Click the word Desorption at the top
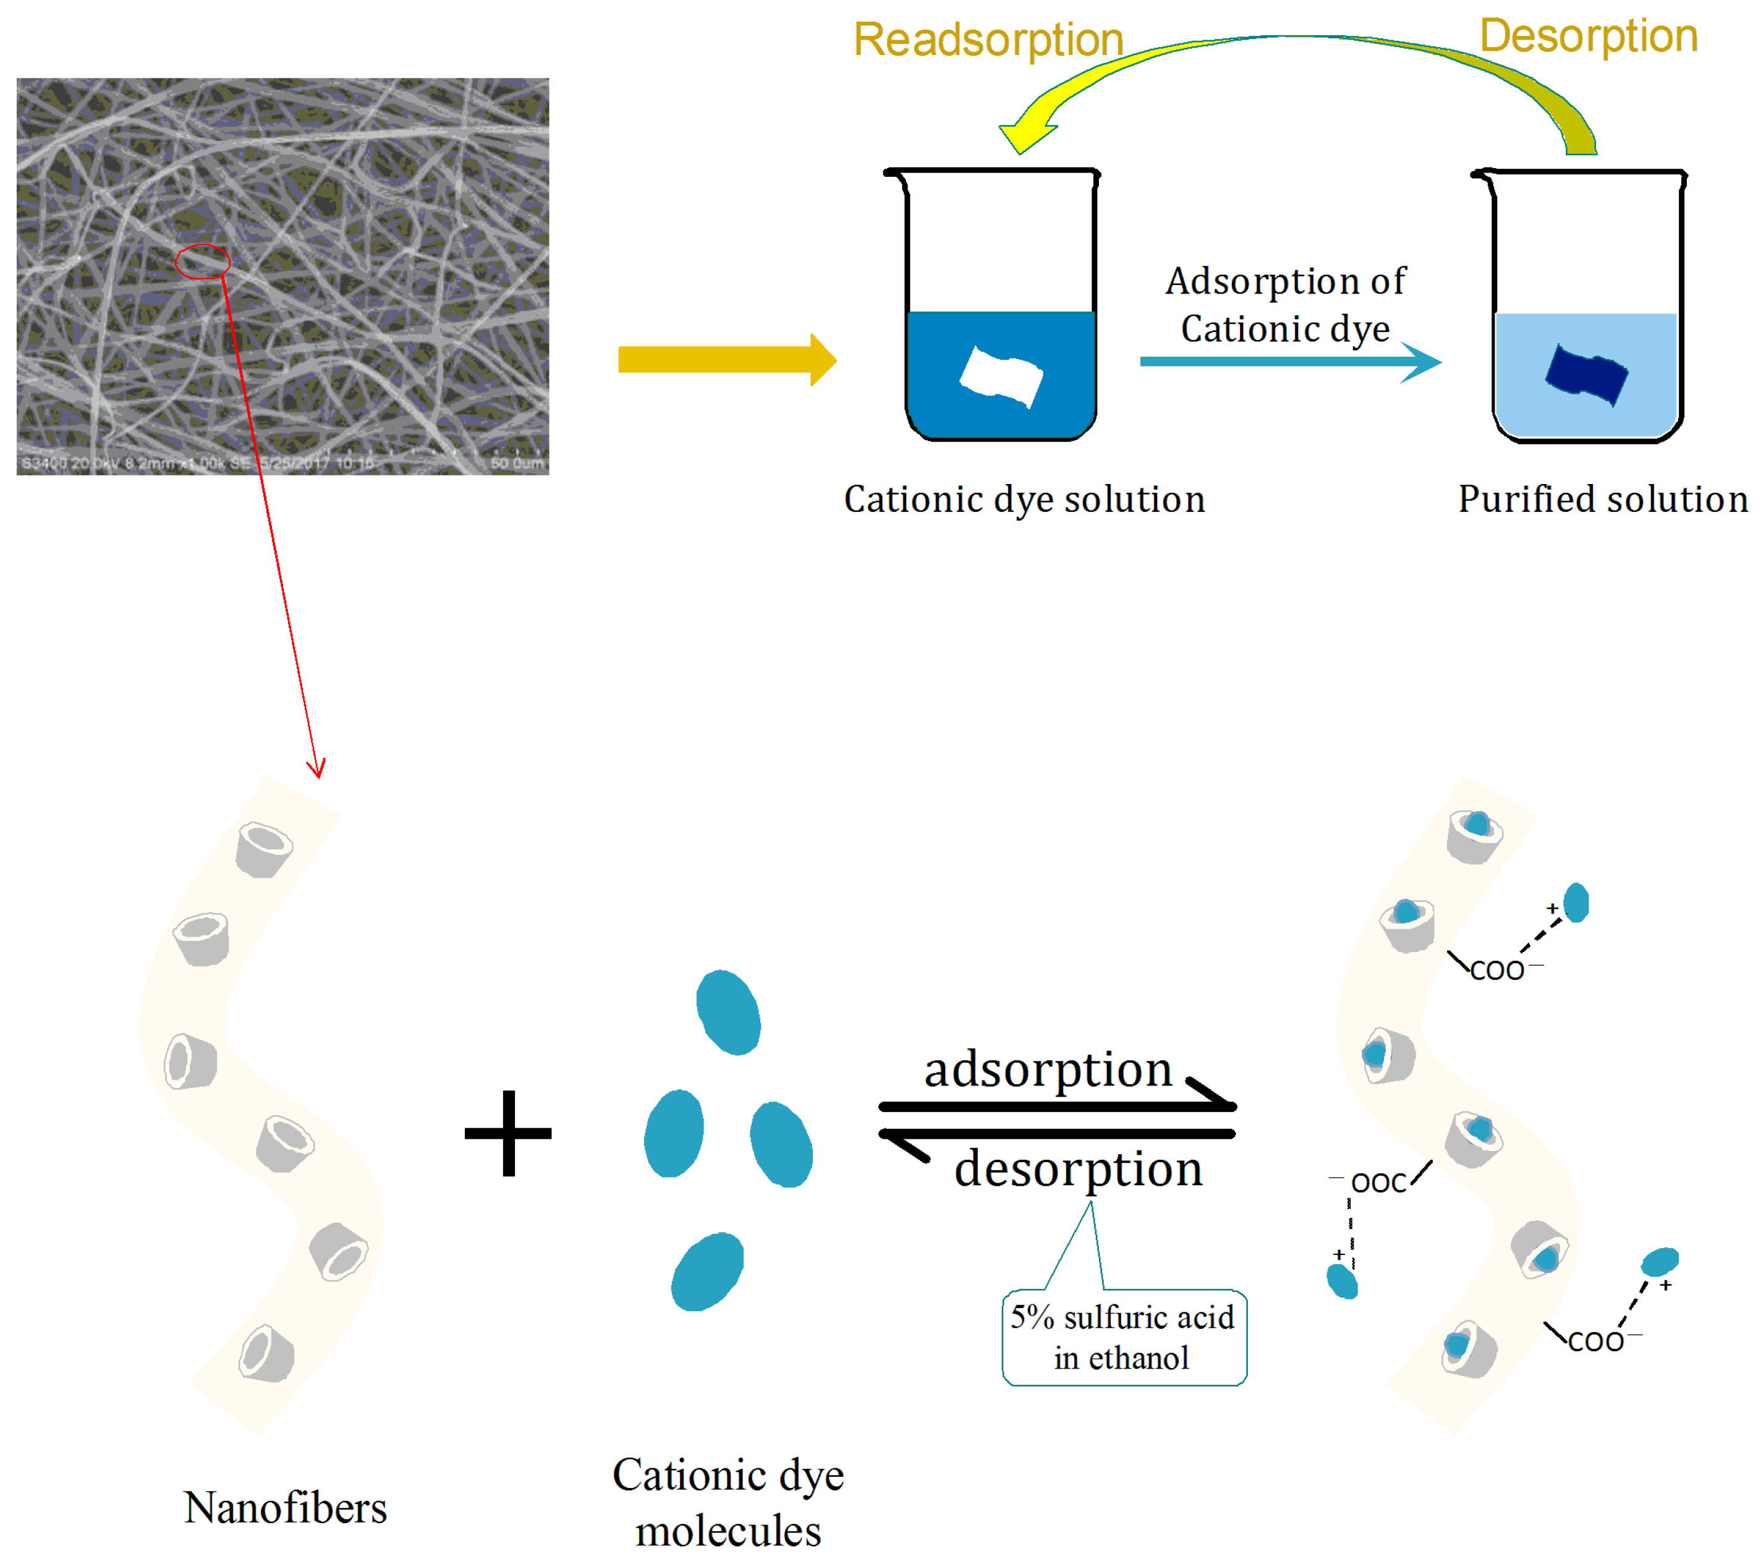[x=1588, y=36]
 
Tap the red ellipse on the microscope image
[x=203, y=261]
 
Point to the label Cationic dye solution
[x=1024, y=499]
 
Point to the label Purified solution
[x=1603, y=499]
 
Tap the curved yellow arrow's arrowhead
[x=1025, y=134]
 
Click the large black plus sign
[x=508, y=1133]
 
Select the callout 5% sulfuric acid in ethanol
[x=1124, y=1337]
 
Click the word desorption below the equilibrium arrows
[x=1078, y=1170]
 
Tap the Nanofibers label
[x=285, y=1508]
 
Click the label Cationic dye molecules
[x=728, y=1502]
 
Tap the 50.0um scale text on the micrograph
[x=517, y=464]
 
